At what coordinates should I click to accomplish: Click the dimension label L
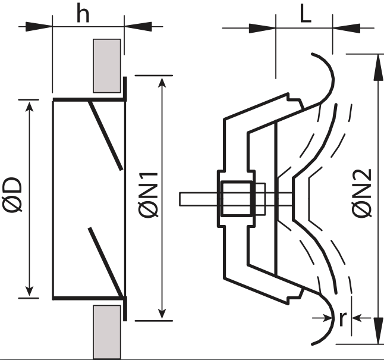click(x=305, y=15)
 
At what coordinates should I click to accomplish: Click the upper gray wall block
click(x=108, y=65)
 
